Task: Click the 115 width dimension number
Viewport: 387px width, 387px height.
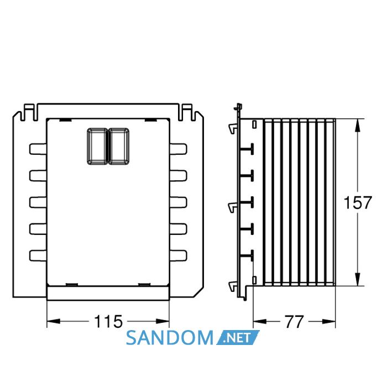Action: pos(108,321)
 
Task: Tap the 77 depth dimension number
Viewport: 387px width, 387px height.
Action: pos(294,322)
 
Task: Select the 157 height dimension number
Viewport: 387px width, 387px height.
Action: pos(357,202)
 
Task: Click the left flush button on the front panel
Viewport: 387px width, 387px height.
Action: pos(97,146)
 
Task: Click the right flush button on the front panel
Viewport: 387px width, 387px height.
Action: pos(119,146)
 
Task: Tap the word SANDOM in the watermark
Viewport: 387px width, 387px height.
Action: pos(170,338)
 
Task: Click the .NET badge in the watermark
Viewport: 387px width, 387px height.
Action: pos(238,337)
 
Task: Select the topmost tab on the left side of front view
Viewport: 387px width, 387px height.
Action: pos(38,149)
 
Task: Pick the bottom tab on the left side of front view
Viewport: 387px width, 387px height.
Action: pos(38,255)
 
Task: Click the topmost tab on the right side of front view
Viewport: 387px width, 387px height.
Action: pos(178,149)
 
